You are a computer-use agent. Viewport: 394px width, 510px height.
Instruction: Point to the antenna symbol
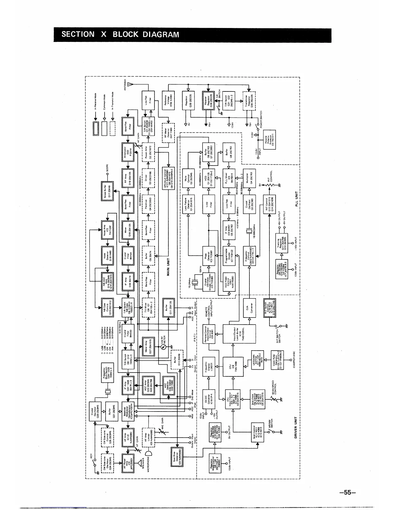130,84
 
